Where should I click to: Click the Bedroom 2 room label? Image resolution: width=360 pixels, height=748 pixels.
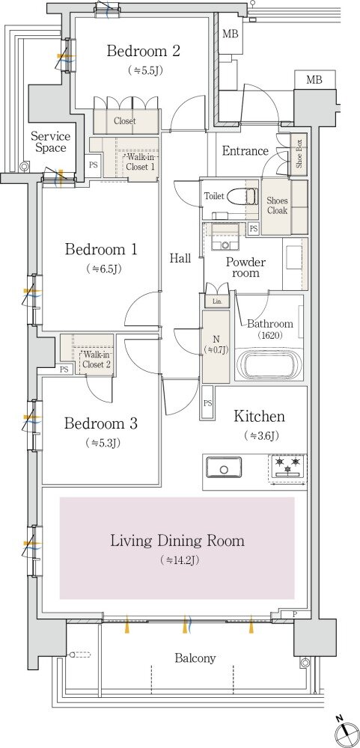pyautogui.click(x=143, y=51)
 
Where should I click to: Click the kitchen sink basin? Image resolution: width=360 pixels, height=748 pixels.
pyautogui.click(x=224, y=468)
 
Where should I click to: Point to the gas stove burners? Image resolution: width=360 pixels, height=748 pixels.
pyautogui.click(x=288, y=466)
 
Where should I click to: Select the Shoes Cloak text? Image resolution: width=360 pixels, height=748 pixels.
pyautogui.click(x=277, y=205)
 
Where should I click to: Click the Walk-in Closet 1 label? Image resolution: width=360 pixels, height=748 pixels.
pyautogui.click(x=139, y=162)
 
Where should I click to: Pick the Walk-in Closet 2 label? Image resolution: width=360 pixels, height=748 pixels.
pyautogui.click(x=97, y=360)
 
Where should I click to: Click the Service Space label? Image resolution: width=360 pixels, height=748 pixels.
pyautogui.click(x=50, y=141)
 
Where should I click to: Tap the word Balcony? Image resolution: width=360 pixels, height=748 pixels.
pyautogui.click(x=195, y=658)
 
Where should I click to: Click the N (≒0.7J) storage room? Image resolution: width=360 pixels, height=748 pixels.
pyautogui.click(x=216, y=346)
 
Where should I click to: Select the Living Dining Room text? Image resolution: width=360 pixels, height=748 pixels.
pyautogui.click(x=177, y=541)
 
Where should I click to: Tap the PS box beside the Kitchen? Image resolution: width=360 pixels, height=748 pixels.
pyautogui.click(x=208, y=403)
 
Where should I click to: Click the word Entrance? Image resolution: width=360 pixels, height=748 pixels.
pyautogui.click(x=245, y=151)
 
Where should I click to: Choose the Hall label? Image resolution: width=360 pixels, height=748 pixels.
pyautogui.click(x=180, y=259)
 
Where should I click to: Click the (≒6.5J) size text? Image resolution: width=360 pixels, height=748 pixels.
pyautogui.click(x=103, y=269)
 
